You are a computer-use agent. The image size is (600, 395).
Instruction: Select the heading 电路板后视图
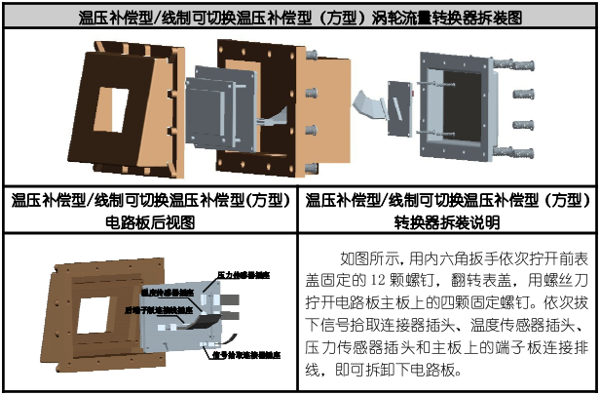tap(150, 220)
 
